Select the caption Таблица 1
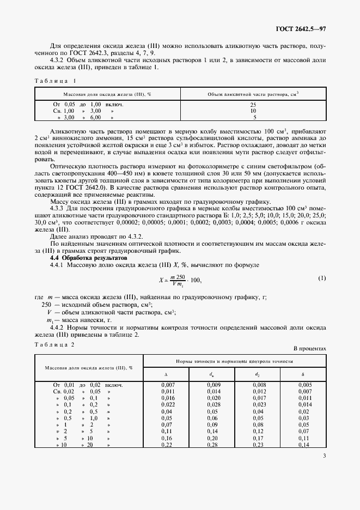coord(54,81)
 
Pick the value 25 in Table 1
coord(253,104)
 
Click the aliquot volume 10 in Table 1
coord(253,110)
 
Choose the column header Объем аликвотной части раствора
coord(253,94)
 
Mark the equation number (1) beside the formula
coord(321,278)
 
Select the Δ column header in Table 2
coord(166,374)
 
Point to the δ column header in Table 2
coord(303,374)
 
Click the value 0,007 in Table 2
coord(166,385)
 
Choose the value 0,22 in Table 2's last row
coord(166,445)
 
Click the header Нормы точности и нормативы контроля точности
coord(235,361)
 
